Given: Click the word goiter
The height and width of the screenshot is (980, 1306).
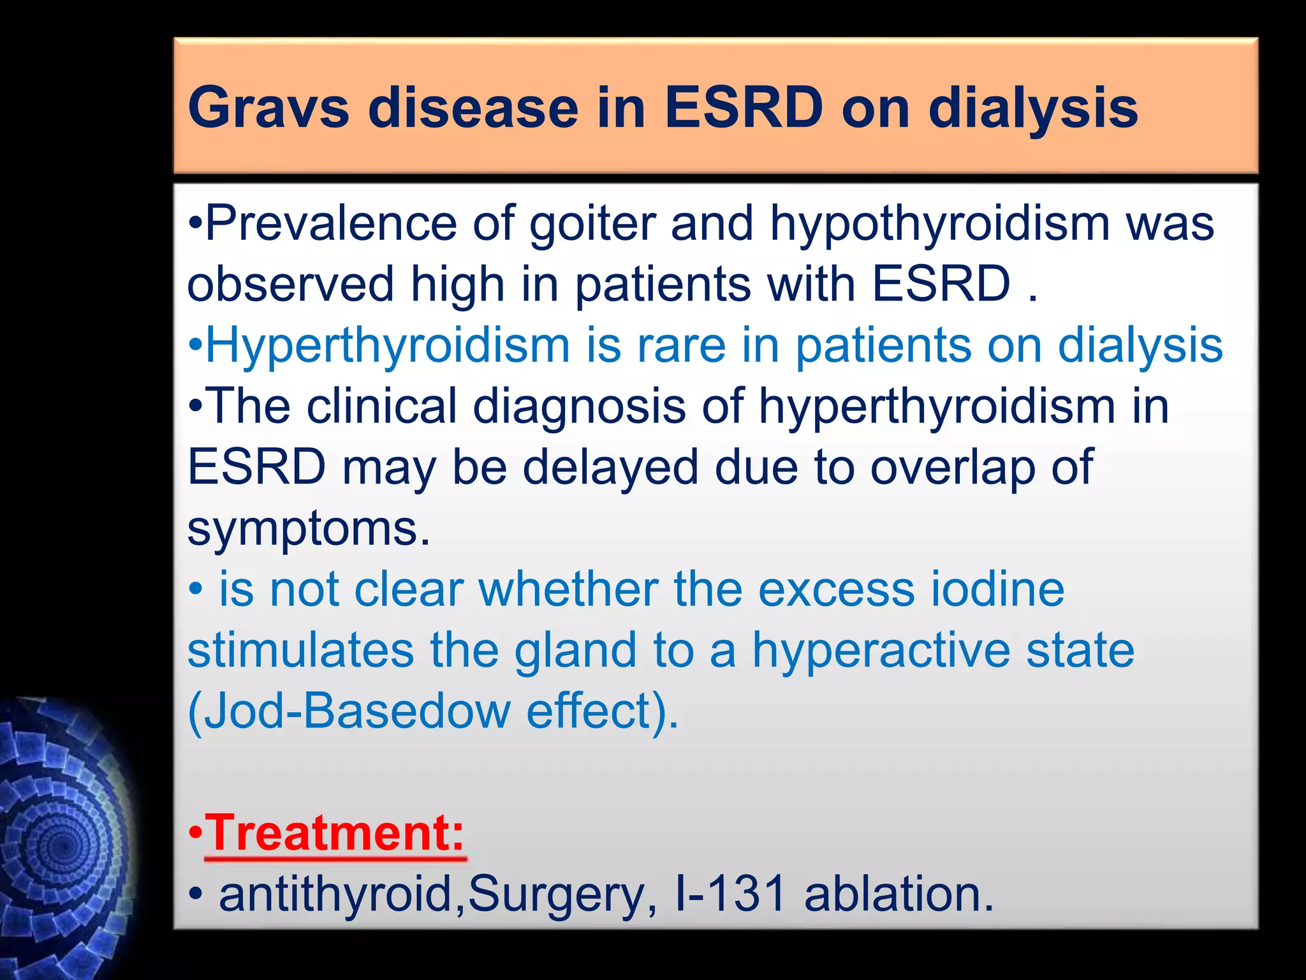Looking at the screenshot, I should tap(592, 223).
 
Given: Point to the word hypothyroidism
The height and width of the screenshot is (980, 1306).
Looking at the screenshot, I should tap(939, 223).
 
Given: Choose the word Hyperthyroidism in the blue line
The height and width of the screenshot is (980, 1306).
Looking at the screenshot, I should tap(387, 345).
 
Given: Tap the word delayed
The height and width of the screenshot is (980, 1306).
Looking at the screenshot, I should tap(610, 467).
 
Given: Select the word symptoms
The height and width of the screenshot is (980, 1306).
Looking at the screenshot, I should tap(308, 528).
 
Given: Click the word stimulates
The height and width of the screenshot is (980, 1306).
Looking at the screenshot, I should tap(300, 650).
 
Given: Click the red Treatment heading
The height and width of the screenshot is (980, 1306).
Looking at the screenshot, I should tap(335, 833).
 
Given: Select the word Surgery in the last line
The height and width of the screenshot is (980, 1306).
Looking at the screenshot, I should tap(557, 894).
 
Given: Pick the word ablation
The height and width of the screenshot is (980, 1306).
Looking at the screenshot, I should tap(898, 894).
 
